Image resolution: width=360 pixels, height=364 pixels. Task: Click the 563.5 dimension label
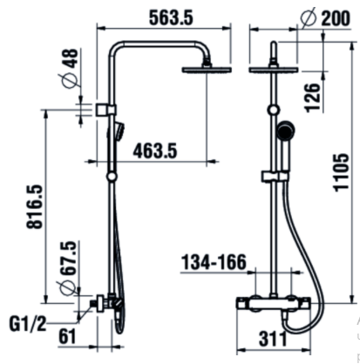(171, 17)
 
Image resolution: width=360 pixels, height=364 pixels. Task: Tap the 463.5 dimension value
(155, 151)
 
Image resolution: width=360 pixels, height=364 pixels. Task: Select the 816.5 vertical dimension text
(35, 206)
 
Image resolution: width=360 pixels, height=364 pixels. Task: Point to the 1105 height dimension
(341, 172)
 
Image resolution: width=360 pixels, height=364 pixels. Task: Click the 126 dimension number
(312, 98)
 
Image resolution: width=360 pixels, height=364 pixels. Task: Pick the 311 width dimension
(273, 339)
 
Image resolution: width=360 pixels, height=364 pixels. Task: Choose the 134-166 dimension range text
(214, 262)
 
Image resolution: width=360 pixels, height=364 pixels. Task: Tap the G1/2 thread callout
(28, 324)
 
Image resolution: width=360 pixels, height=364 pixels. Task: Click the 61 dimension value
(67, 336)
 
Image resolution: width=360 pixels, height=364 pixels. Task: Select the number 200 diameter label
(336, 18)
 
